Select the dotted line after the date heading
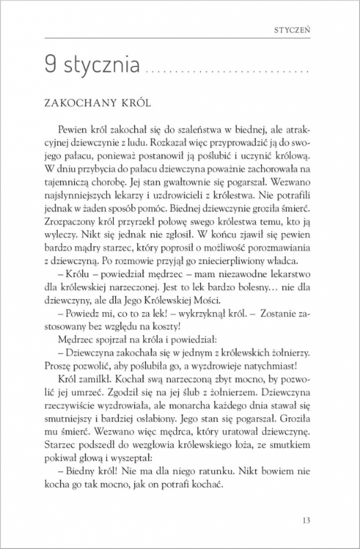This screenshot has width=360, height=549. pos(226,72)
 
